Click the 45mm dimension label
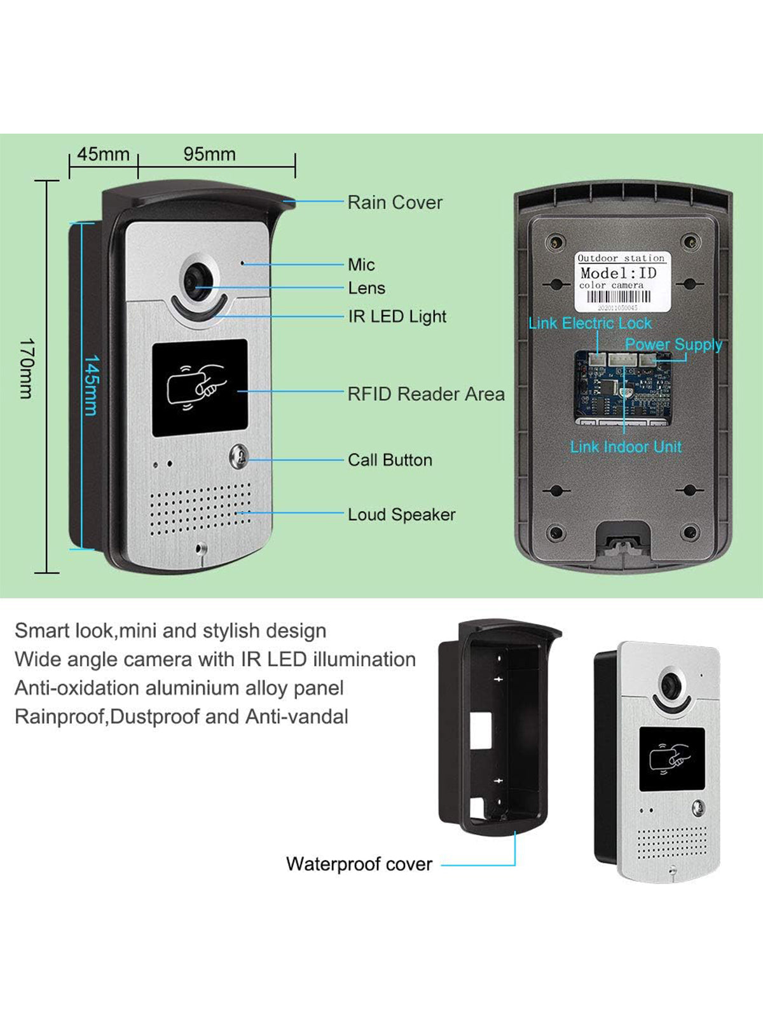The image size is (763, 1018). [103, 155]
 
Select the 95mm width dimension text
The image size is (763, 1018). [209, 155]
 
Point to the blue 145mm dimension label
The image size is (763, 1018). [92, 385]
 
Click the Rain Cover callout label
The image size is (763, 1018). [394, 203]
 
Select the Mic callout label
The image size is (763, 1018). [361, 265]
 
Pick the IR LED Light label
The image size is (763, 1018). [397, 317]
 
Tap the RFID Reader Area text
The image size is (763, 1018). [425, 394]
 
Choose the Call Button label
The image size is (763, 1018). [390, 460]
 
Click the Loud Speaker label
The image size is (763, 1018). [401, 515]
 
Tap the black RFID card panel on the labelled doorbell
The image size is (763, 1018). [200, 387]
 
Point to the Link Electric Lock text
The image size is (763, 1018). [590, 323]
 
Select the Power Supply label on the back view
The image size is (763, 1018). [673, 345]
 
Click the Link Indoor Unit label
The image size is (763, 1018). [626, 447]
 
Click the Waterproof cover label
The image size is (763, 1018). [359, 864]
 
